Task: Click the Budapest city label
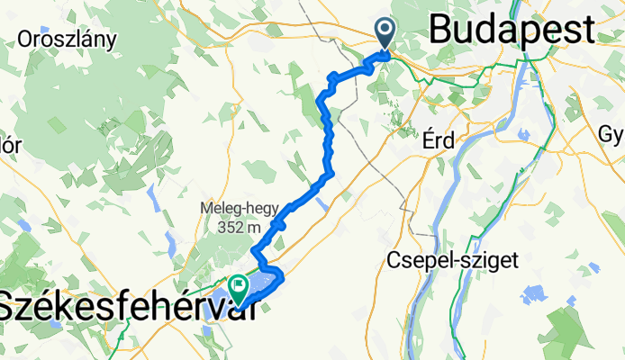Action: click(512, 29)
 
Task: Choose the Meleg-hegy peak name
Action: click(240, 210)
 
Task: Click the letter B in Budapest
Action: click(441, 29)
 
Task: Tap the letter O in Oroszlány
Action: click(25, 39)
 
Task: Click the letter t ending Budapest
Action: click(586, 29)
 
